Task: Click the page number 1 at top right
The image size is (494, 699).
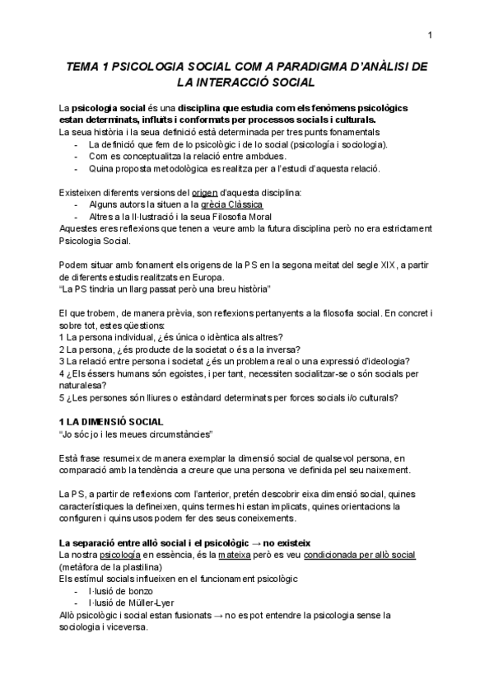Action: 431,34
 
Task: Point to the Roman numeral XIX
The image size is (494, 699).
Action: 362,264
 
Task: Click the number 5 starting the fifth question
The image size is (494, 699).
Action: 63,397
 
